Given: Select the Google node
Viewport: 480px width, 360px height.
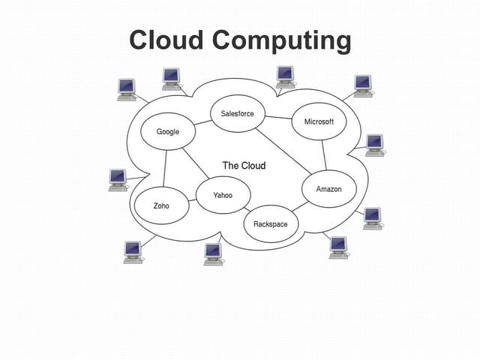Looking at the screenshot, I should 168,131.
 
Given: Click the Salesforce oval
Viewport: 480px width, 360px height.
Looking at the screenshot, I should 237,114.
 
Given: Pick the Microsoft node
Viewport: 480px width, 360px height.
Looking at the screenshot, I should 319,121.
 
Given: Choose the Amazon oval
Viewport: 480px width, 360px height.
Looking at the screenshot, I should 328,189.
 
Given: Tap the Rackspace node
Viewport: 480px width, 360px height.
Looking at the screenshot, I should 270,223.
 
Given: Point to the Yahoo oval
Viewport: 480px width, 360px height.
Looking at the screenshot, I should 223,195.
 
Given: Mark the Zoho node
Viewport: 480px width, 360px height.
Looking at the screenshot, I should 161,205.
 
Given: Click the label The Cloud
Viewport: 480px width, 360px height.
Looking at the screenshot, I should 244,165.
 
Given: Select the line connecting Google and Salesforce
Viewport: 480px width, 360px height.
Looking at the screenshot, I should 202,122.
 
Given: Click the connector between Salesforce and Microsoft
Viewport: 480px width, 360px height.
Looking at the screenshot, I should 278,118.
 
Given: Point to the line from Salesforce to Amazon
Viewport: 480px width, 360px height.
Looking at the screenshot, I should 281,150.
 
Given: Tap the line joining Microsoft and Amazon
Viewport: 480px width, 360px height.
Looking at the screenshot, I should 324,155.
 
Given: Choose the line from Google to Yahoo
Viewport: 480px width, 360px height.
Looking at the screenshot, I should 196,161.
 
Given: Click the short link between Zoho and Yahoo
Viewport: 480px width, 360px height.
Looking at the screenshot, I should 193,200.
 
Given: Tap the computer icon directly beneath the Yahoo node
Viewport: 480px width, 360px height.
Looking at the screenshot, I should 214,253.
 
